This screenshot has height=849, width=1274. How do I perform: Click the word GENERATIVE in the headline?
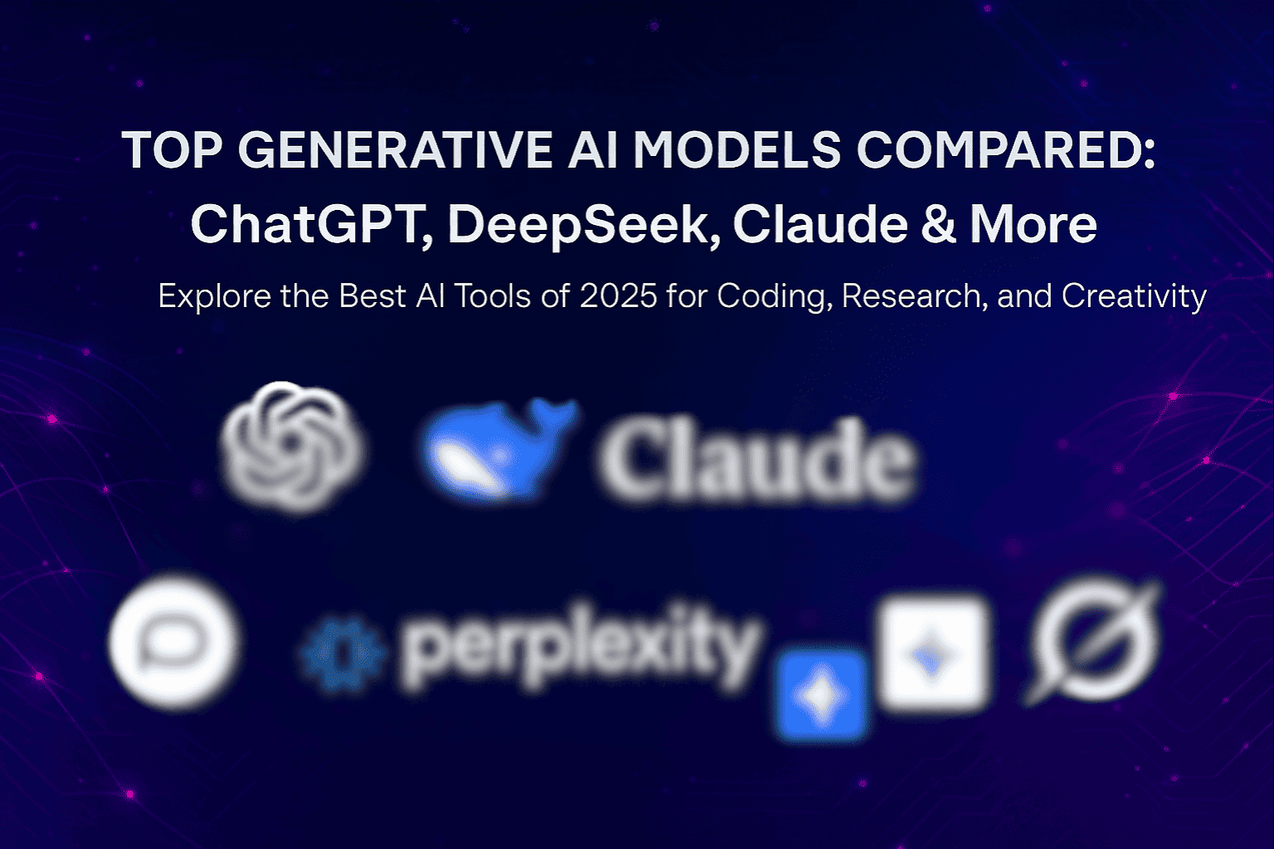[x=395, y=151]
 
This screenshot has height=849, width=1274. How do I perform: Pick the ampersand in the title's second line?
[x=937, y=224]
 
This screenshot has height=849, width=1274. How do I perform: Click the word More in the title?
[x=1033, y=224]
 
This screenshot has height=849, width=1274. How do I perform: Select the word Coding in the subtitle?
[x=775, y=296]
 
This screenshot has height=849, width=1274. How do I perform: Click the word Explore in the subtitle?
[x=212, y=296]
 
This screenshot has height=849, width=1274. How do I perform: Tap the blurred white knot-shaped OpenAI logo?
[x=292, y=447]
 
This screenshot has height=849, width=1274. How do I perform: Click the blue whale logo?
[x=496, y=449]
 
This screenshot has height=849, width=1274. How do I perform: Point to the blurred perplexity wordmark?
[x=580, y=645]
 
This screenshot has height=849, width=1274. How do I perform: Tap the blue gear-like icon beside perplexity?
[x=343, y=653]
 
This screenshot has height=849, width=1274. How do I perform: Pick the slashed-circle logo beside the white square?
[x=1094, y=642]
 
